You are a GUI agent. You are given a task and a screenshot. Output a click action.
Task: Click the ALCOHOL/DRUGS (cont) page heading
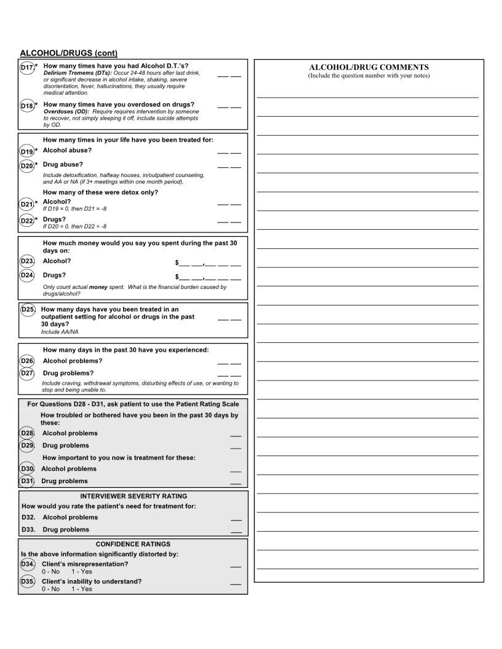68,53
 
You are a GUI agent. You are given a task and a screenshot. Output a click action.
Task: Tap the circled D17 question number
27,67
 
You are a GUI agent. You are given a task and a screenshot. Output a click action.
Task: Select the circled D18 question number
27,106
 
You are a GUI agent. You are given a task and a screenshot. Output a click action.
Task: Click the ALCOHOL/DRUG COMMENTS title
369,67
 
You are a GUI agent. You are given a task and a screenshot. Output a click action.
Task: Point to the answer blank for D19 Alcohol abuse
229,152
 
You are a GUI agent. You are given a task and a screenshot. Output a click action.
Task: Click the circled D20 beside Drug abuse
27,166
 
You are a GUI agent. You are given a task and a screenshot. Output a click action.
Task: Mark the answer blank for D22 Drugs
229,221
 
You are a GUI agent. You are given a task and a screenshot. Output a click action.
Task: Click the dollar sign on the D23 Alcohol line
177,262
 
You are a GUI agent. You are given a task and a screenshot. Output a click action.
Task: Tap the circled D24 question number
27,276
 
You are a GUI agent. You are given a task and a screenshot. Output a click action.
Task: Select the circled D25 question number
28,310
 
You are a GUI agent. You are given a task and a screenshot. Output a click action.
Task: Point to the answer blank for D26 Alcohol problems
229,363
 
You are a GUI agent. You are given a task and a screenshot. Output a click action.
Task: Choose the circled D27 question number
27,374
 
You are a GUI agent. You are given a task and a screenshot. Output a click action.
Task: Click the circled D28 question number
27,433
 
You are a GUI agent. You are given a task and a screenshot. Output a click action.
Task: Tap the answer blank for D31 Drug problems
236,483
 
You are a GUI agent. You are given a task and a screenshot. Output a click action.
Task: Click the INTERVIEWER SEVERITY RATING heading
133,496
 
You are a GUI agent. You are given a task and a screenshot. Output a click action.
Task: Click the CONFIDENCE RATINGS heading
133,544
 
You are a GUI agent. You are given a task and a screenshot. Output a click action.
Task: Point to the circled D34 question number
28,564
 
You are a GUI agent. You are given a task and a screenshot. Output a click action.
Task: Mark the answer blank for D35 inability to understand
236,583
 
